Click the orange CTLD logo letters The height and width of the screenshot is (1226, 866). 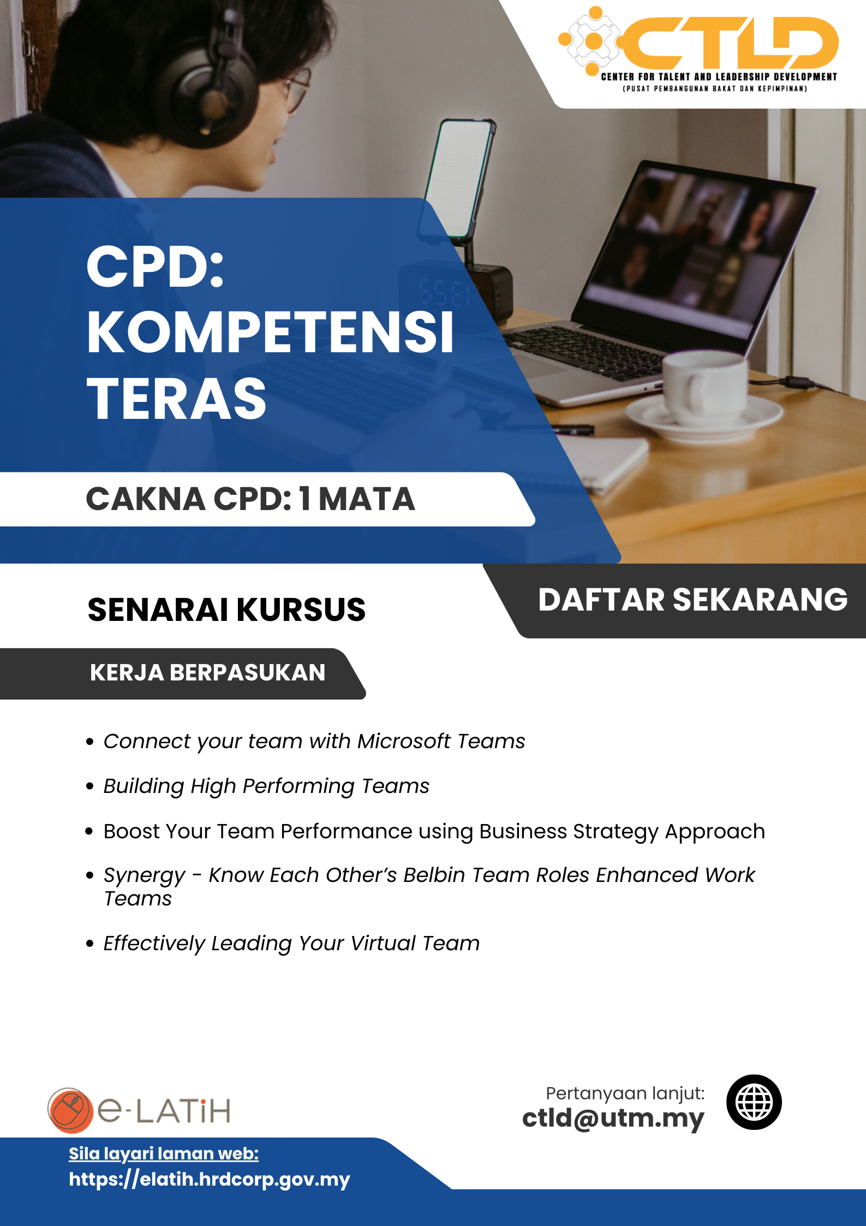[x=728, y=43]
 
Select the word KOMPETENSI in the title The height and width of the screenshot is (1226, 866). [x=270, y=332]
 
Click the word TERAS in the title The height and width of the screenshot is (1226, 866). [x=176, y=399]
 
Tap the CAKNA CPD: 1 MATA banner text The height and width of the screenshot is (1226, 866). [x=250, y=499]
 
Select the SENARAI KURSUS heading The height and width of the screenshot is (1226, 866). [x=226, y=609]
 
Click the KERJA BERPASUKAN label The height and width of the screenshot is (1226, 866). [x=207, y=673]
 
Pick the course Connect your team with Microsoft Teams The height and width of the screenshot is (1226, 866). [x=314, y=742]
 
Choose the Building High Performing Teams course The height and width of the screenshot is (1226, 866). [x=266, y=787]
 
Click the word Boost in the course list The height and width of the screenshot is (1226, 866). [x=132, y=831]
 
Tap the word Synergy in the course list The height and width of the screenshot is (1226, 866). [x=145, y=876]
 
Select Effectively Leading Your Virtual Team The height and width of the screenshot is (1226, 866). [x=291, y=944]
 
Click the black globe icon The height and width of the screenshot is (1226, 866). [x=754, y=1102]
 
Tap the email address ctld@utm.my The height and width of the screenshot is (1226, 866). [x=613, y=1118]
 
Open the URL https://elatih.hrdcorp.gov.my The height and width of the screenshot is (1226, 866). [x=210, y=1179]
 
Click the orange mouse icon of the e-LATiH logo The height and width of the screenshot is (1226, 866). [x=70, y=1110]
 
